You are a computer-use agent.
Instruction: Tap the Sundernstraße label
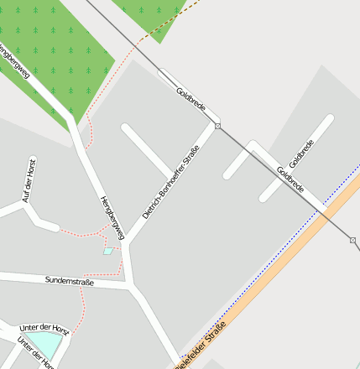point(70,282)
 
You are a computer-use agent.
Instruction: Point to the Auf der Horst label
point(29,179)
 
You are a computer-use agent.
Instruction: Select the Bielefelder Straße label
point(201,346)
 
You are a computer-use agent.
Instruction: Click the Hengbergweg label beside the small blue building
point(112,217)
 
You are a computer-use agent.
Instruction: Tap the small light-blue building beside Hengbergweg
point(107,251)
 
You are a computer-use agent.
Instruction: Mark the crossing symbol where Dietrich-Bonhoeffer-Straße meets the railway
point(217,126)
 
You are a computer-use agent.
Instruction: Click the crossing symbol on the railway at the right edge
point(352,241)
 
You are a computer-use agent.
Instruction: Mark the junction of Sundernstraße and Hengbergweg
point(129,285)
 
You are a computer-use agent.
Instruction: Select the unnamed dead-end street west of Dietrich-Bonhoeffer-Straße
point(146,150)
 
